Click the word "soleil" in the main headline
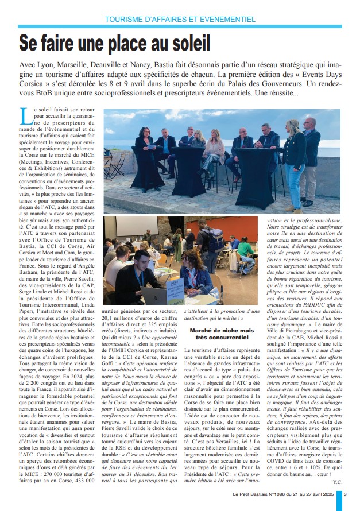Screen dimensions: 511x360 [x=184, y=42]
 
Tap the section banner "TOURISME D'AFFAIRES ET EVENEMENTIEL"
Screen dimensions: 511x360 [x=180, y=19]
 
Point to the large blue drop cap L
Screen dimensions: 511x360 [x=25, y=117]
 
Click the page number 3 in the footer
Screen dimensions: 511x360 [x=345, y=494]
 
